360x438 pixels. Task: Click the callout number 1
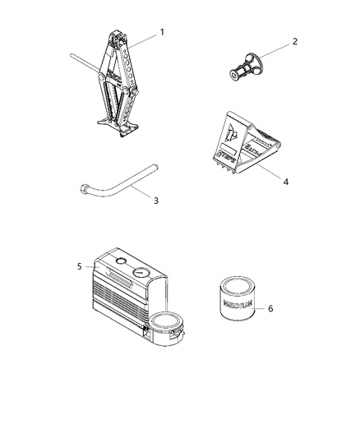pyautogui.click(x=162, y=32)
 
